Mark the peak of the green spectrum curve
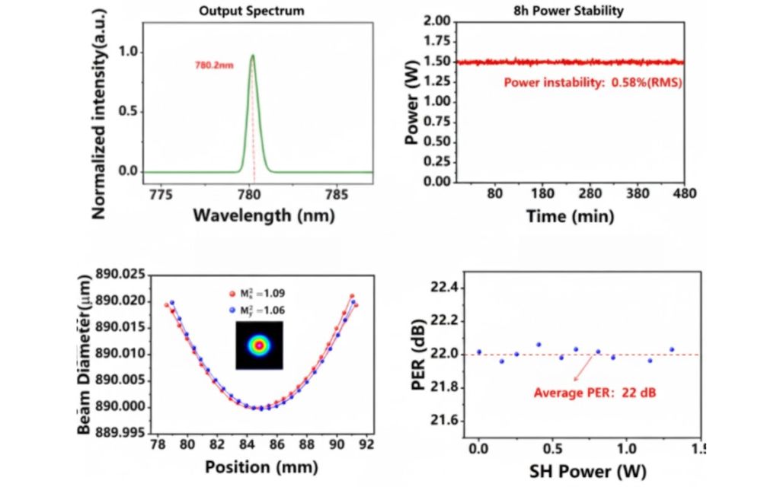tap(252, 55)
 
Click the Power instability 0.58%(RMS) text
tap(593, 82)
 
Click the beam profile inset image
tap(260, 345)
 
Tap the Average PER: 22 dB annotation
tap(595, 393)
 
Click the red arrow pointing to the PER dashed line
tap(583, 368)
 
